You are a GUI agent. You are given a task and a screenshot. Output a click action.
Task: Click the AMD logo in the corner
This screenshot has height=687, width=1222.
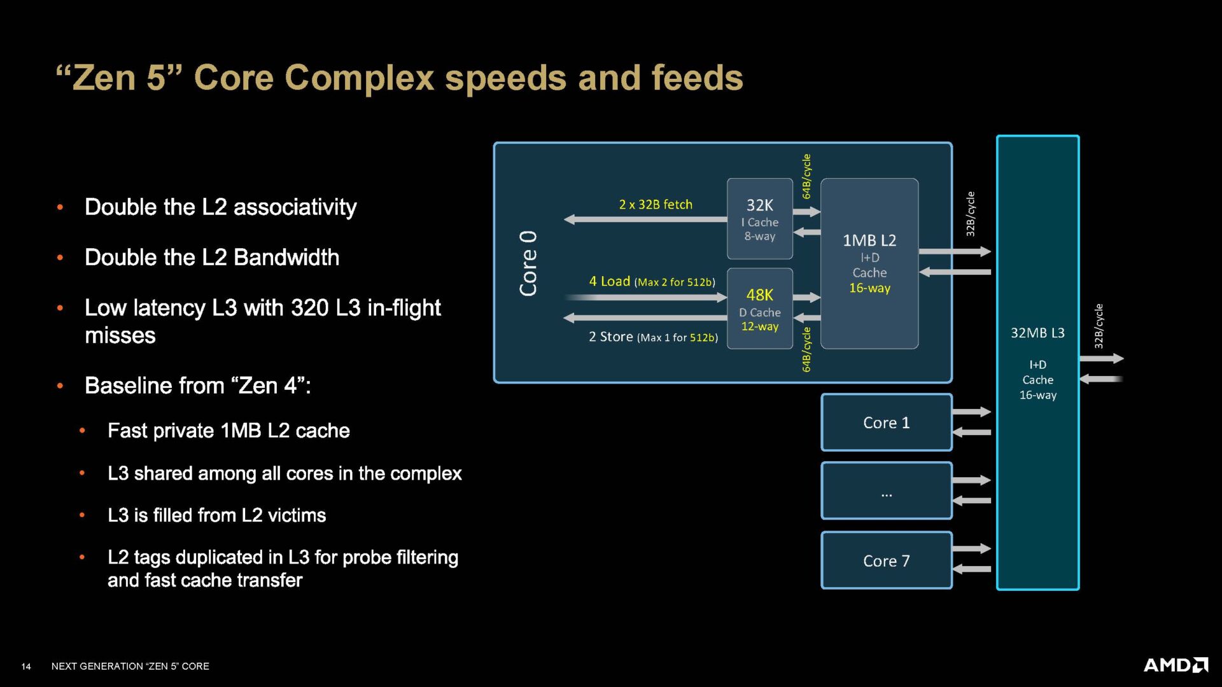coord(1176,665)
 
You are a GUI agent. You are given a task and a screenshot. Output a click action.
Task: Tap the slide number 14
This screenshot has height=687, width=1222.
coord(26,666)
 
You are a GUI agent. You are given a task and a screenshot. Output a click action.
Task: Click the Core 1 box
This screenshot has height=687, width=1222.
coord(886,422)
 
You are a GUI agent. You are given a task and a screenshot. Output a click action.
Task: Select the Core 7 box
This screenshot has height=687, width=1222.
coord(886,560)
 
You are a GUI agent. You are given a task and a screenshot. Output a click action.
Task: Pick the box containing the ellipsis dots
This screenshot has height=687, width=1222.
coord(886,491)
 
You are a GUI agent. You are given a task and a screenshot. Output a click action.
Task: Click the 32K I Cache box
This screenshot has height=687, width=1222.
coord(759,219)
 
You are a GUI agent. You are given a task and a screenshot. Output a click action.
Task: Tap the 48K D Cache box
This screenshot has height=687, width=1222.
coord(759,309)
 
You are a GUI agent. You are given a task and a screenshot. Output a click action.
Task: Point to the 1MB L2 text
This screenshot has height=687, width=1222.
coord(869,240)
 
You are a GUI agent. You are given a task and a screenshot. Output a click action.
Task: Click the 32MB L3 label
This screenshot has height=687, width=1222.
coord(1037,333)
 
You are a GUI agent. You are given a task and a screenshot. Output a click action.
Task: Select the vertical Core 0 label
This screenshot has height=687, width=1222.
coord(528,263)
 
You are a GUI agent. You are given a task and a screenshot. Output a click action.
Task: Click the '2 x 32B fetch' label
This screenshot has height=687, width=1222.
coord(655,204)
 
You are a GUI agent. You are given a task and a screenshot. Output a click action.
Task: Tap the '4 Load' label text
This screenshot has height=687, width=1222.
coord(609,281)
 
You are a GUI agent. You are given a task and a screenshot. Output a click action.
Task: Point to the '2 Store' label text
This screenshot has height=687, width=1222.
coord(610,337)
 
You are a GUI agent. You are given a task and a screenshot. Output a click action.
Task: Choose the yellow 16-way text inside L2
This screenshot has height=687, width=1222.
coord(869,288)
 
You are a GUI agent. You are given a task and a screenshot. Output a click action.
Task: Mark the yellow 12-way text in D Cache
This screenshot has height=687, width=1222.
coord(759,326)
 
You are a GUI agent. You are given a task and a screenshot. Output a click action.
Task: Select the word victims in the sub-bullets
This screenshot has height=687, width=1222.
coord(297,515)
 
